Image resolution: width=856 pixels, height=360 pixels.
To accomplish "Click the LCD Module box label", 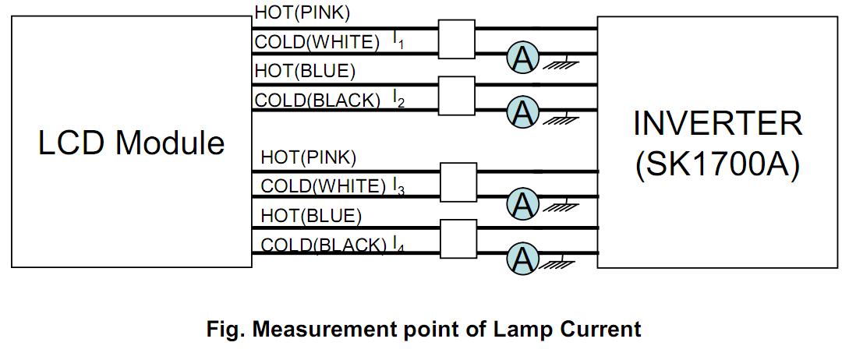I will (131, 143).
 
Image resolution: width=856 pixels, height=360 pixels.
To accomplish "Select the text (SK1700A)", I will (717, 166).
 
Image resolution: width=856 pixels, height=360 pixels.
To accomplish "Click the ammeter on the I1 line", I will (522, 58).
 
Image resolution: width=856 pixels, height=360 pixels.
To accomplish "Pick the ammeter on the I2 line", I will (523, 113).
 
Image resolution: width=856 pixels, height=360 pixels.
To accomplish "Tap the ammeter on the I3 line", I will (522, 204).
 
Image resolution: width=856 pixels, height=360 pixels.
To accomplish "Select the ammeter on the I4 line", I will (522, 258).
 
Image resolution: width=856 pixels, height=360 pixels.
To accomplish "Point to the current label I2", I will (398, 99).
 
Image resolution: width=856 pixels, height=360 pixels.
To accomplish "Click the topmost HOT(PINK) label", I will (302, 13).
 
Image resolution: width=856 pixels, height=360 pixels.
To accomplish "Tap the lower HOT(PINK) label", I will (308, 157).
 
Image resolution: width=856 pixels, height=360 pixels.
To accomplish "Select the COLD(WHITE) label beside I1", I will (317, 42).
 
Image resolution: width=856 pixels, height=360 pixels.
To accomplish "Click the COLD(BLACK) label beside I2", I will (317, 100).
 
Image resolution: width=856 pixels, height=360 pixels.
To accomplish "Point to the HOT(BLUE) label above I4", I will (311, 215).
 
